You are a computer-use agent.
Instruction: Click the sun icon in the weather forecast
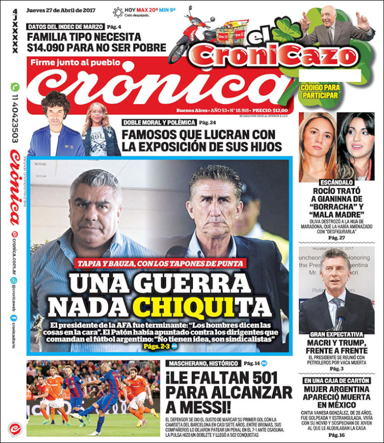pyautogui.click(x=118, y=12)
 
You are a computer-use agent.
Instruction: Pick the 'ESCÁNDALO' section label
pyautogui.click(x=336, y=183)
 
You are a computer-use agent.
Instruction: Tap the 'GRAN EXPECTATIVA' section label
pyautogui.click(x=336, y=334)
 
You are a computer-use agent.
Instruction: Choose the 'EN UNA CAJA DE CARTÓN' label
pyautogui.click(x=336, y=381)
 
